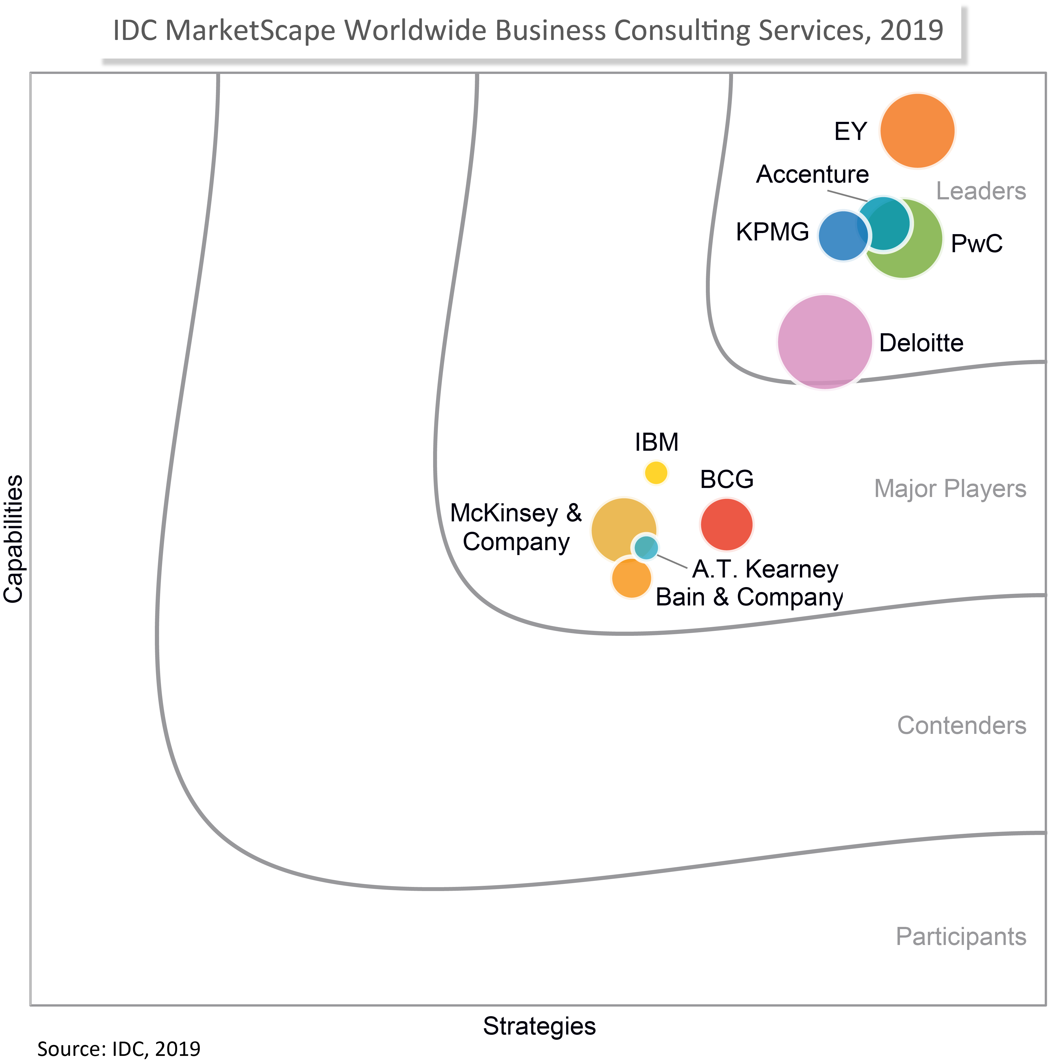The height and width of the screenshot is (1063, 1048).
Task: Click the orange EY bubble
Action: [917, 131]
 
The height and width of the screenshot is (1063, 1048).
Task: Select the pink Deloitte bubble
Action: [825, 341]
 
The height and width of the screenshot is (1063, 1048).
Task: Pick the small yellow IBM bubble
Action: [655, 472]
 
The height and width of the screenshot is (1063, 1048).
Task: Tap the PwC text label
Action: [976, 244]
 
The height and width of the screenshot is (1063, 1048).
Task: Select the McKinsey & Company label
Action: [516, 527]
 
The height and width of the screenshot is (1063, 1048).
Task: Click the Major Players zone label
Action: [950, 488]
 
